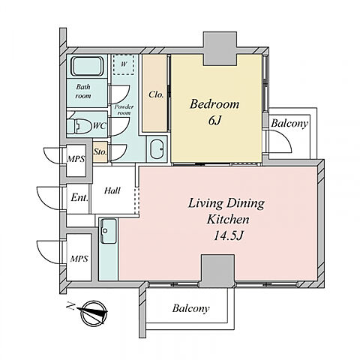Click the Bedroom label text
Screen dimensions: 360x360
tap(214, 104)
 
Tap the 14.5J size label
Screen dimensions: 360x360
tap(228, 235)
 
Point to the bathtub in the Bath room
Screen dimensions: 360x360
tap(87, 66)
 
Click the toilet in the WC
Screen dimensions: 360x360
tap(79, 126)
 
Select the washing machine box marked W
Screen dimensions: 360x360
tap(124, 64)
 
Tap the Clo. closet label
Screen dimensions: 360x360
tap(156, 94)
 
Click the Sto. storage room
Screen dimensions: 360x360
tap(100, 151)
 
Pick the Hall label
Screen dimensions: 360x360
tap(112, 190)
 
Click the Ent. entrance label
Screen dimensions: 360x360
tap(79, 198)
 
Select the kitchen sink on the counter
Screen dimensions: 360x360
tap(108, 231)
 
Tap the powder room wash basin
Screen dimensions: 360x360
tap(157, 148)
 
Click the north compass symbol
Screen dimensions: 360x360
tap(94, 313)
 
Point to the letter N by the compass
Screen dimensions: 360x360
tap(70, 306)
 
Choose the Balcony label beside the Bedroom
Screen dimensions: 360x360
tap(289, 124)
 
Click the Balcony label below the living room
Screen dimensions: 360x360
tap(190, 308)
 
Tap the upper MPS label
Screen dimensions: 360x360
tap(76, 159)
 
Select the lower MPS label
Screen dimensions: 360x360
tap(79, 259)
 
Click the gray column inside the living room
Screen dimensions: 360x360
tap(217, 271)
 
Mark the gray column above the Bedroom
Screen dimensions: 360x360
tap(220, 49)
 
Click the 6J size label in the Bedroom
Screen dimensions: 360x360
tap(214, 121)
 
